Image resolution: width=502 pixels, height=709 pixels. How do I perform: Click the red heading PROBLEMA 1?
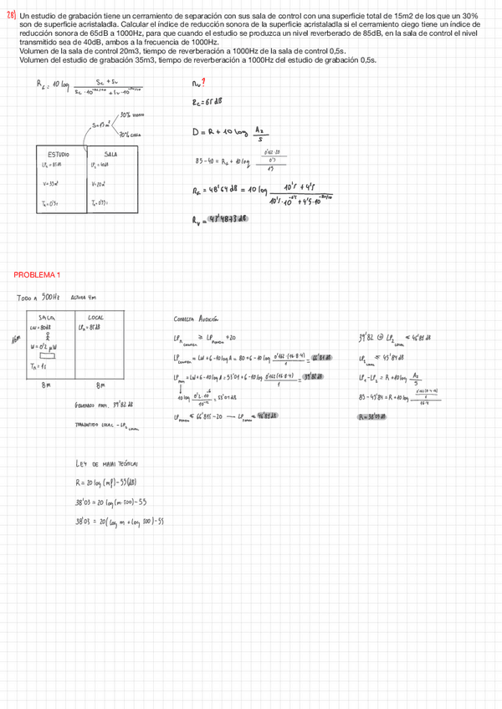[x=36, y=275]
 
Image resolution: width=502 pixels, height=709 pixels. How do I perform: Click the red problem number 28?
[x=11, y=16]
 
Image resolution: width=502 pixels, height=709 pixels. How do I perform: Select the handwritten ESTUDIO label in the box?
[x=58, y=155]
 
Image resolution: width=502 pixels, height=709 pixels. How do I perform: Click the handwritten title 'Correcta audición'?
[x=196, y=319]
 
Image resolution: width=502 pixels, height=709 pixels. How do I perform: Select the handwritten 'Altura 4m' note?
[x=85, y=298]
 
